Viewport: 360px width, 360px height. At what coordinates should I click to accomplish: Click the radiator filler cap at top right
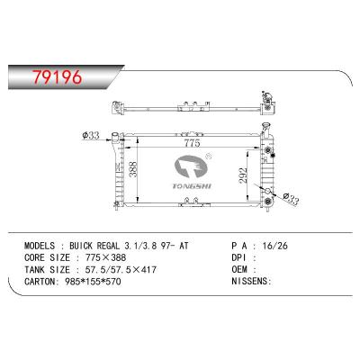click(x=266, y=94)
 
